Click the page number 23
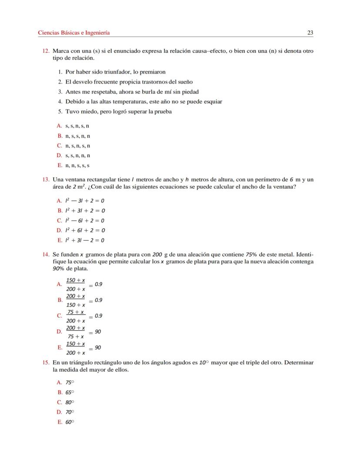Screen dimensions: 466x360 point(310,33)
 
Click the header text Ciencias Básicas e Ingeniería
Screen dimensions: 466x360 point(74,33)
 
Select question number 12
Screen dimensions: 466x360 point(46,51)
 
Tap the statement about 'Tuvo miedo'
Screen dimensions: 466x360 point(118,111)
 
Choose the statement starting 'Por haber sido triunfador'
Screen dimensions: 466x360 point(115,72)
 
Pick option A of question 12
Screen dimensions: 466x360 point(77,126)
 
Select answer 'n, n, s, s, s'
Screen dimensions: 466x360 point(77,165)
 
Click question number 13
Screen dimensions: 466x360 point(46,179)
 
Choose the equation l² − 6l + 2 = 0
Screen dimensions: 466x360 point(85,221)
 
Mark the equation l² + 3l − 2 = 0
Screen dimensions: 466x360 point(85,240)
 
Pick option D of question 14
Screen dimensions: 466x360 point(76,332)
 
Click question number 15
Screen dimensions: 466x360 point(46,362)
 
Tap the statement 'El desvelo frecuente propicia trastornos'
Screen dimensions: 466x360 point(129,82)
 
